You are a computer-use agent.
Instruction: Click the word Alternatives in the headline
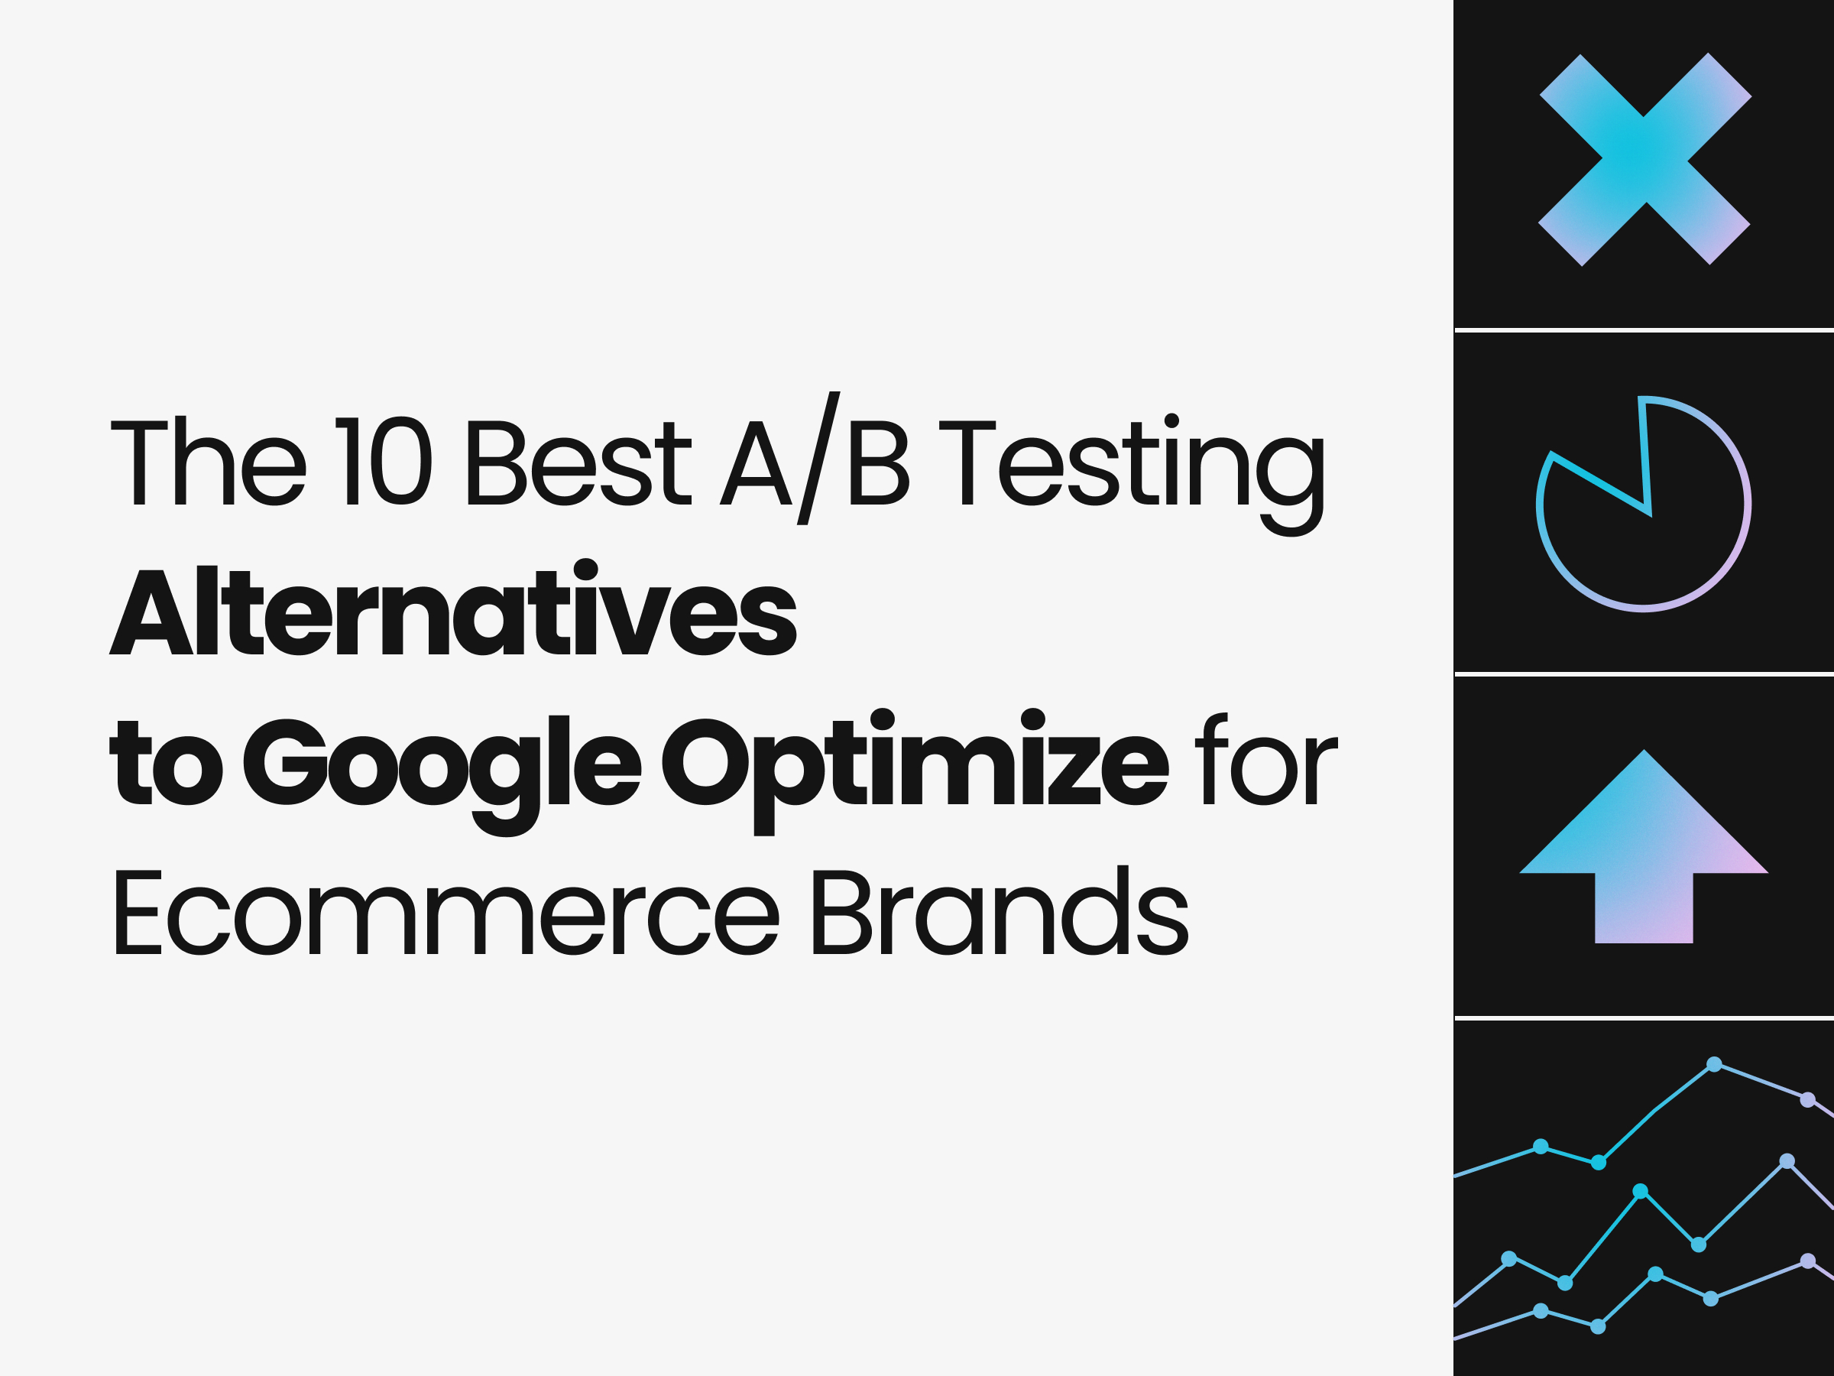point(452,612)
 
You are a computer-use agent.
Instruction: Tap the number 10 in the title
point(383,461)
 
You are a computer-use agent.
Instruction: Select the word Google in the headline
point(441,763)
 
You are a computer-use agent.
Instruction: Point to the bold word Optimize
point(915,763)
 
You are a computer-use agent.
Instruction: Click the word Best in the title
point(578,461)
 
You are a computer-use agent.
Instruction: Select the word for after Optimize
point(1266,761)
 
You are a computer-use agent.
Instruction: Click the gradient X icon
point(1645,159)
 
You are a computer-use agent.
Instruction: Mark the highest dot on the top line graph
point(1715,1064)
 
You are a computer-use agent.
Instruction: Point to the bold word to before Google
point(166,763)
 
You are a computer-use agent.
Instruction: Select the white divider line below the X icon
point(1644,330)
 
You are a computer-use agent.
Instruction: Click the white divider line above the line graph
point(1644,1017)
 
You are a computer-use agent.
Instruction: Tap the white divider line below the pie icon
point(1644,674)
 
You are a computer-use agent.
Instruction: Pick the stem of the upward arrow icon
point(1644,908)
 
